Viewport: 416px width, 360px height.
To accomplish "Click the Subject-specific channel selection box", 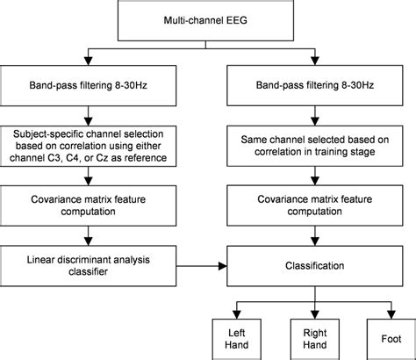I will pyautogui.click(x=85, y=145).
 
